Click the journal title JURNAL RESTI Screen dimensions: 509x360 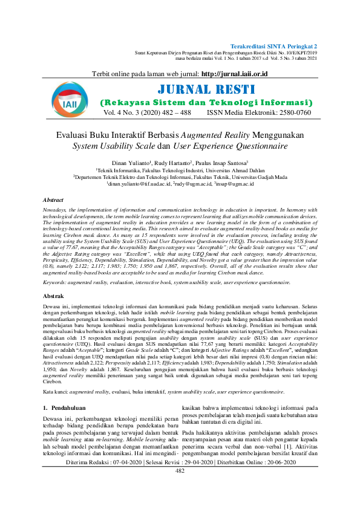point(206,90)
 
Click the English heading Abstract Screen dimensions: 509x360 point(53,199)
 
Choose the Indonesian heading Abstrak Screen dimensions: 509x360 point(53,297)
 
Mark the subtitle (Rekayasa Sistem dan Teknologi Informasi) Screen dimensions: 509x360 point(206,103)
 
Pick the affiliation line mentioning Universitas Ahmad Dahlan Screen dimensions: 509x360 point(180,170)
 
